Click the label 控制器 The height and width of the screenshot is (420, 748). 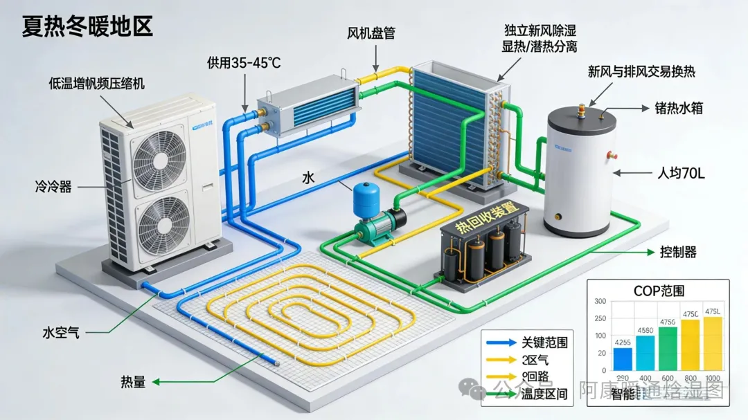click(679, 252)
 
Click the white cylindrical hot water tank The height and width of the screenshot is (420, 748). click(580, 173)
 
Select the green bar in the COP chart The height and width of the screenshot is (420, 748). click(668, 349)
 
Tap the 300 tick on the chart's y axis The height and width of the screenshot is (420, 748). click(600, 302)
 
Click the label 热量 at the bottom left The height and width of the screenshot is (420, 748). click(133, 381)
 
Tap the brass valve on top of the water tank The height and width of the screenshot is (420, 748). click(582, 109)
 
